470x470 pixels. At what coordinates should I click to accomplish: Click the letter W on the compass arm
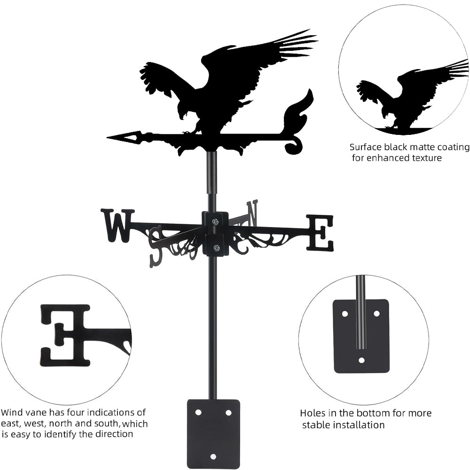117,225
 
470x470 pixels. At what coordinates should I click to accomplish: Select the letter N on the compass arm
252,212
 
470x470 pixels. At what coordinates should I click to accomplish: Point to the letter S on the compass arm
156,247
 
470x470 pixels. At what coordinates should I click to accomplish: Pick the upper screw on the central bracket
215,222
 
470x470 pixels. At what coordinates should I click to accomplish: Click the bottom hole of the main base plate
213,456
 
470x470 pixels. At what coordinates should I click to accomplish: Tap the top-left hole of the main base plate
198,412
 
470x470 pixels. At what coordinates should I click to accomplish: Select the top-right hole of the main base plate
228,412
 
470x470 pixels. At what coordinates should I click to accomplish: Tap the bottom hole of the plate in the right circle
361,360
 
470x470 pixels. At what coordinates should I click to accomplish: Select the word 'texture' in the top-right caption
425,158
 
